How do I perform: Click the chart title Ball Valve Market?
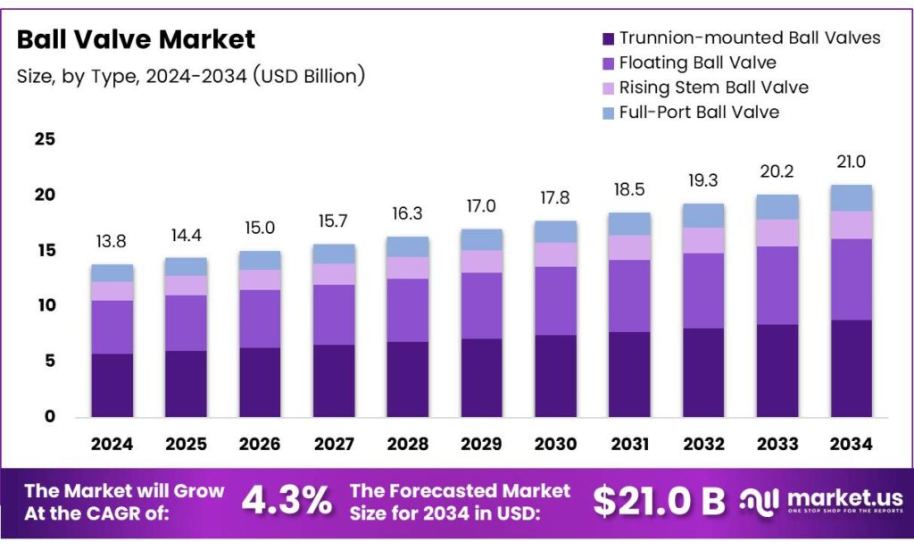click(136, 39)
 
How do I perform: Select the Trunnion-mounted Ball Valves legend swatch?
click(609, 39)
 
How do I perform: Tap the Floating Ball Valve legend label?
click(697, 62)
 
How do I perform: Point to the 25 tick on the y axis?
click(45, 139)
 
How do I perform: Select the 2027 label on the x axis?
click(334, 444)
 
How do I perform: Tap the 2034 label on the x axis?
click(850, 444)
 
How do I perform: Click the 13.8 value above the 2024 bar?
click(112, 243)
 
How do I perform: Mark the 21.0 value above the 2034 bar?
click(850, 162)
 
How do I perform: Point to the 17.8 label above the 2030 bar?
click(555, 197)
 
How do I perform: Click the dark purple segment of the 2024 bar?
click(112, 385)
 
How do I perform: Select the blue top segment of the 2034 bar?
click(850, 197)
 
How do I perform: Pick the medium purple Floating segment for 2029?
click(481, 305)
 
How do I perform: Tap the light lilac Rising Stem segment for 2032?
click(702, 240)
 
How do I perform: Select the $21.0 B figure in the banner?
click(659, 501)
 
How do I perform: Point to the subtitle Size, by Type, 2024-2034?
click(191, 77)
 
